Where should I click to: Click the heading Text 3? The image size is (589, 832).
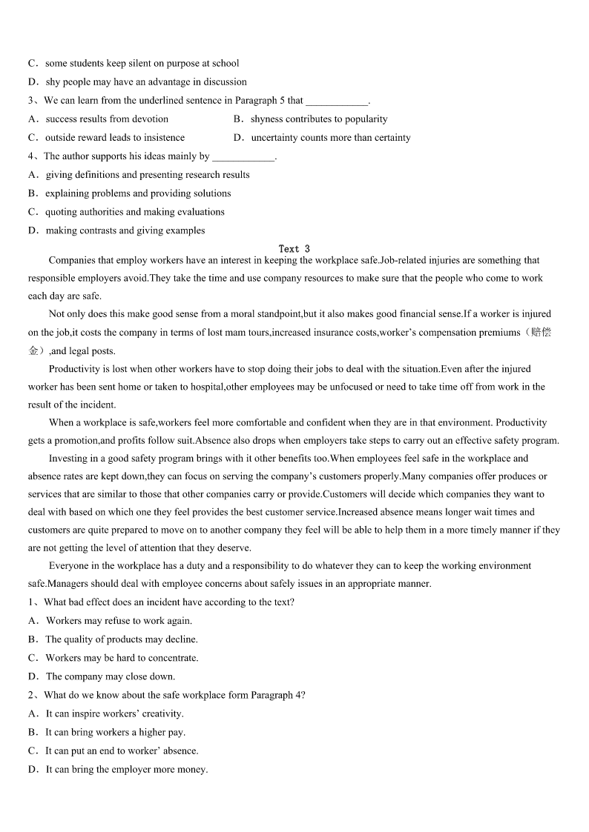[294, 249]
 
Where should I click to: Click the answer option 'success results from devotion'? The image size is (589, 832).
[107, 119]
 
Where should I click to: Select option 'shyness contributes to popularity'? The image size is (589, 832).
[319, 119]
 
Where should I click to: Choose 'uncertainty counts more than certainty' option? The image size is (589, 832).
[330, 138]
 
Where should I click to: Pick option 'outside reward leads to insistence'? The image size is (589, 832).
[115, 138]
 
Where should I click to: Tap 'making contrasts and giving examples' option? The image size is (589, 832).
[125, 230]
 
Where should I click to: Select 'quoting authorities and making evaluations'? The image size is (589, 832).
[134, 212]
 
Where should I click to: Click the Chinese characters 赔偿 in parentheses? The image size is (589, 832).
[541, 333]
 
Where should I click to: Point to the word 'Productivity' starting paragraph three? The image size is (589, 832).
[74, 369]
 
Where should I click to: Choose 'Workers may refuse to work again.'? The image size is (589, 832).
[119, 621]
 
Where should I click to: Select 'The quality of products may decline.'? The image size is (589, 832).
[122, 639]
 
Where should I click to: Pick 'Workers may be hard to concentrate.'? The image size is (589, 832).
[122, 658]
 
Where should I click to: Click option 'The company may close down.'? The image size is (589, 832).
[111, 676]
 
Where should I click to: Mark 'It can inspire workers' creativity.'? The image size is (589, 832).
[114, 714]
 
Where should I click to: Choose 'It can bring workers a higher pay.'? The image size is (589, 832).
[115, 733]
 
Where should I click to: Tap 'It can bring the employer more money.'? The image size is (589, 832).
[127, 770]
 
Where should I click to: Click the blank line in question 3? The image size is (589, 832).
[336, 101]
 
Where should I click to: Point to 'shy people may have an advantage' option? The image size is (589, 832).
[146, 82]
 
